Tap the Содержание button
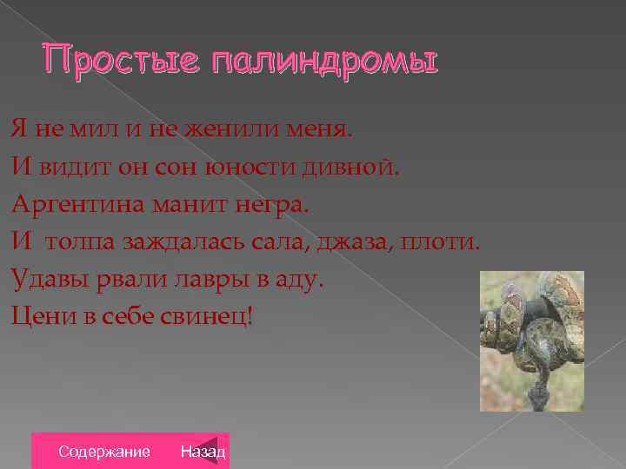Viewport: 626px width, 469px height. [x=103, y=452]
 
